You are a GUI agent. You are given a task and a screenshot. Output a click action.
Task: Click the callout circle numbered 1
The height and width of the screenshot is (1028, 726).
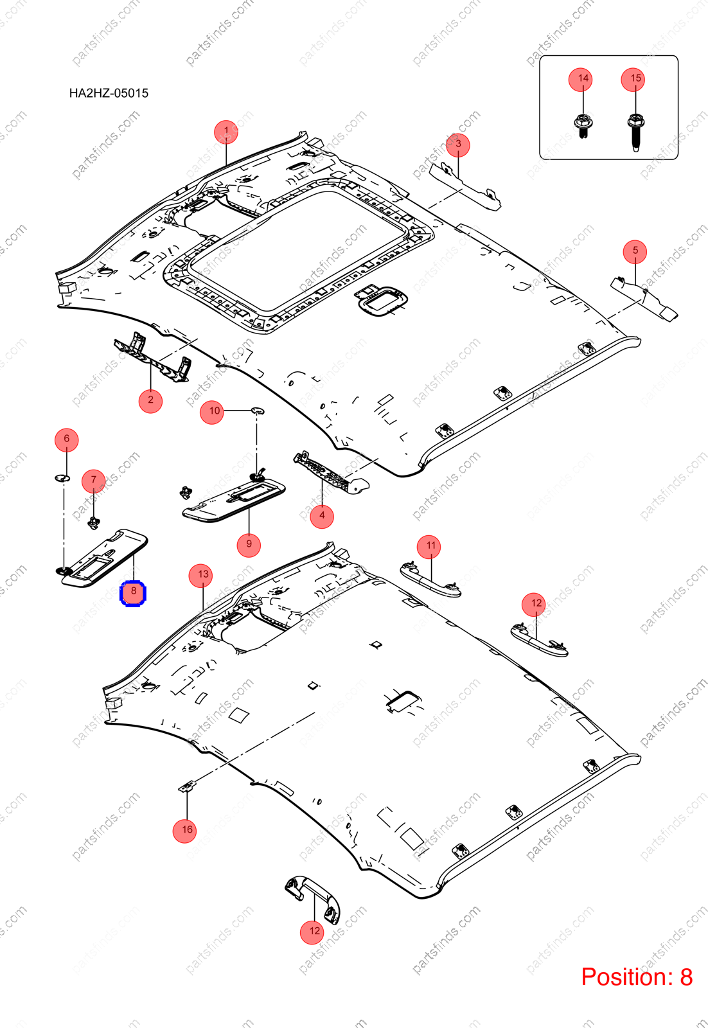(226, 132)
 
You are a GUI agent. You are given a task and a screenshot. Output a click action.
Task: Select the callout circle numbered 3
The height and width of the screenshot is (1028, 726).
(458, 145)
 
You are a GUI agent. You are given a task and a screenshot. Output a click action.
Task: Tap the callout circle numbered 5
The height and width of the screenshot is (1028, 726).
(635, 251)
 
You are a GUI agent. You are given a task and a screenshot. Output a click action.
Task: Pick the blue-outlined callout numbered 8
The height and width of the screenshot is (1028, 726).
(133, 594)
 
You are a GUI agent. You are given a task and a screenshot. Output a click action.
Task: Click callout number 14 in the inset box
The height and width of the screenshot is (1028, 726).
(583, 80)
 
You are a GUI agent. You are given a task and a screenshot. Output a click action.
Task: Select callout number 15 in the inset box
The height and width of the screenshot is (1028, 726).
(635, 80)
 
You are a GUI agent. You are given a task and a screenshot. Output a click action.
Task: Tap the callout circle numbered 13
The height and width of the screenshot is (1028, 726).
(200, 576)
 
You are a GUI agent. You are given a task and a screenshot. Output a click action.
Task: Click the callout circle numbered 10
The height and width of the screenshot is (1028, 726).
(212, 412)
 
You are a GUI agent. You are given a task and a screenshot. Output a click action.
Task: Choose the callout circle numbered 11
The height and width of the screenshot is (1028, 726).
(429, 547)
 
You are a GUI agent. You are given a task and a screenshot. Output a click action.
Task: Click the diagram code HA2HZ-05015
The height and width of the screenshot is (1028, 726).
(109, 93)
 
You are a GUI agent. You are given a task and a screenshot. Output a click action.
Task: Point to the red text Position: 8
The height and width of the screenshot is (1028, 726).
(637, 977)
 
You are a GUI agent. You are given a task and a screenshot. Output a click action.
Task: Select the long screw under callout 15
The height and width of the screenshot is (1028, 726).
(635, 132)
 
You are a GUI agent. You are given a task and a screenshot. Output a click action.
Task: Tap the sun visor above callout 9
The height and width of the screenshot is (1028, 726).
(233, 501)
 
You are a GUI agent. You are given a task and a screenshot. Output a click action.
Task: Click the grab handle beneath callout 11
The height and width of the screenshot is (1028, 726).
(430, 579)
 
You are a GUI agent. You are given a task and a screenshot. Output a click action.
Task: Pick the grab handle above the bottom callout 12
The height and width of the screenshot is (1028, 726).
(313, 900)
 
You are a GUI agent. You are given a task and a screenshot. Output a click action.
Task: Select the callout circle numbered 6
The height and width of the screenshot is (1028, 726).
(67, 439)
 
